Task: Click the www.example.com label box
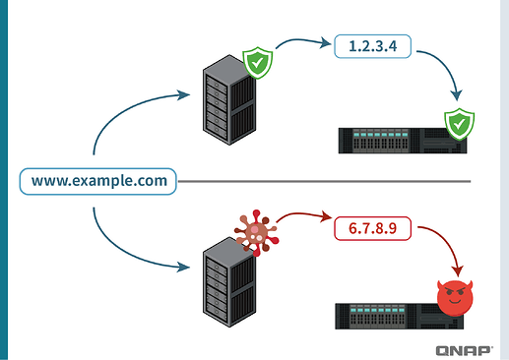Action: pyautogui.click(x=98, y=182)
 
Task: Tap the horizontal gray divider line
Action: pyautogui.click(x=325, y=181)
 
